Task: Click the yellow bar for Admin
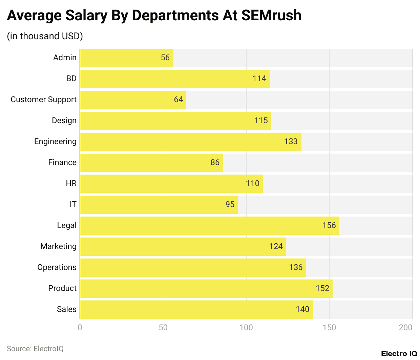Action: pyautogui.click(x=126, y=58)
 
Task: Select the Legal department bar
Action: pyautogui.click(x=209, y=225)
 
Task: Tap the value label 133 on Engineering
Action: pyautogui.click(x=291, y=141)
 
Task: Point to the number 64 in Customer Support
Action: pyautogui.click(x=178, y=99)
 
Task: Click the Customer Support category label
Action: pyautogui.click(x=44, y=99)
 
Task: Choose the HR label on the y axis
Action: pyautogui.click(x=71, y=183)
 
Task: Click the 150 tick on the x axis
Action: pyautogui.click(x=329, y=327)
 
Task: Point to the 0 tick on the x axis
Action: pyautogui.click(x=80, y=327)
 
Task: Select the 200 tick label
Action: pyautogui.click(x=405, y=327)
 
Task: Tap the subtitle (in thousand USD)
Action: pyautogui.click(x=45, y=36)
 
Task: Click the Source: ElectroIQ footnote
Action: pyautogui.click(x=35, y=348)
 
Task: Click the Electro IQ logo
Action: pyautogui.click(x=399, y=354)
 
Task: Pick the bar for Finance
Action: pyautogui.click(x=151, y=162)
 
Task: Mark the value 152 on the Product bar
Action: pyautogui.click(x=322, y=288)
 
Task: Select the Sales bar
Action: pyautogui.click(x=196, y=309)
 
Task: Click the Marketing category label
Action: pyautogui.click(x=58, y=246)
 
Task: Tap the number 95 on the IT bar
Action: pyautogui.click(x=230, y=204)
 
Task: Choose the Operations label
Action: pyautogui.click(x=57, y=267)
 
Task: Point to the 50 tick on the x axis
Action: pyautogui.click(x=163, y=327)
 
